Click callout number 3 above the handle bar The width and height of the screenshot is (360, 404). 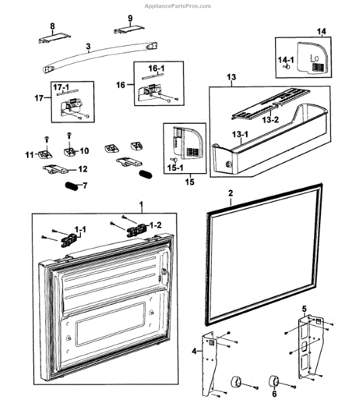(x=88, y=48)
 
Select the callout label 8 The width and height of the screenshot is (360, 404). (x=52, y=26)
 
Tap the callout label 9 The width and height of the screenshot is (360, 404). (x=129, y=18)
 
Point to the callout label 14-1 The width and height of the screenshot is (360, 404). (x=286, y=59)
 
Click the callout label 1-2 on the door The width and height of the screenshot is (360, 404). (x=154, y=224)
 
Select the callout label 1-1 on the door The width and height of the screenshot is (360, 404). (x=80, y=230)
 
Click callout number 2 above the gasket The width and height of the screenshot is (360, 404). (x=230, y=193)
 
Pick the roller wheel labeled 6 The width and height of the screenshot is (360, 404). (x=274, y=381)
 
